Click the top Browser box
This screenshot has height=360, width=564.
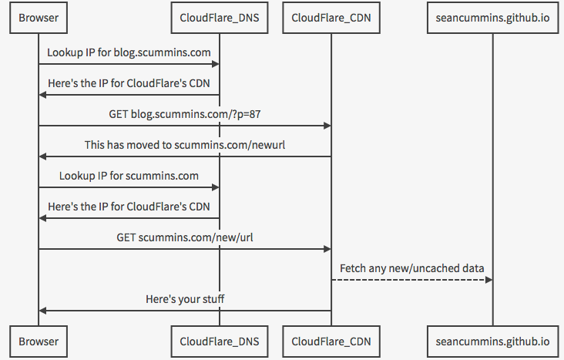click(39, 18)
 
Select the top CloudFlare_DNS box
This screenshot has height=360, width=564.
click(220, 18)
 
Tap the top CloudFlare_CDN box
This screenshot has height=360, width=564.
click(331, 18)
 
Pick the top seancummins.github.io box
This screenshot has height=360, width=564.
click(493, 18)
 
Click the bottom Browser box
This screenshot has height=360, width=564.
click(39, 341)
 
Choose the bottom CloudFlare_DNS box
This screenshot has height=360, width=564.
click(220, 341)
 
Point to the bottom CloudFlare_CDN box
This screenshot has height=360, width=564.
click(331, 341)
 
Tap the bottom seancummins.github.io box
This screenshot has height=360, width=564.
click(493, 341)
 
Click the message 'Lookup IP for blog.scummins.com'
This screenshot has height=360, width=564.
click(129, 52)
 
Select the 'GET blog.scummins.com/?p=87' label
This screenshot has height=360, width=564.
click(185, 114)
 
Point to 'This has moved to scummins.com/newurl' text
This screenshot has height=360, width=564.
click(185, 145)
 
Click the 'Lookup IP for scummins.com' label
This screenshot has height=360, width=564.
click(129, 176)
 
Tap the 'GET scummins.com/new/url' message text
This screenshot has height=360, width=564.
click(185, 237)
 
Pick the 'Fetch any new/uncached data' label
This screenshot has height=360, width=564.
click(412, 268)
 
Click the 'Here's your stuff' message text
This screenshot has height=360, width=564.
click(185, 299)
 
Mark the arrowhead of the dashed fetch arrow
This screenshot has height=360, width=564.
click(488, 280)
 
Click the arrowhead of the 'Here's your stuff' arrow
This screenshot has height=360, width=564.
click(42, 311)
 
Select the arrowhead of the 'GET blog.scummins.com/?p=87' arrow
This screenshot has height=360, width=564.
click(327, 126)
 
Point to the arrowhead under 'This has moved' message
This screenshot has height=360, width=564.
click(42, 156)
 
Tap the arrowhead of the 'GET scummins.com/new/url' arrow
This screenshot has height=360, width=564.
click(327, 249)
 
